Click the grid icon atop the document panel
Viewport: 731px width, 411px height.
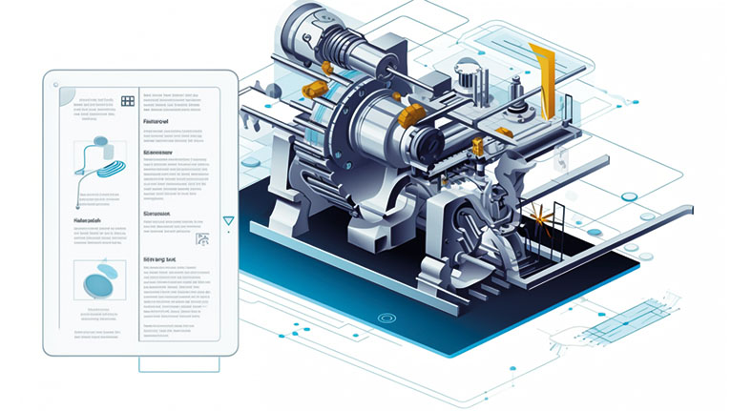click(128, 99)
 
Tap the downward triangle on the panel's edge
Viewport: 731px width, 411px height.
click(228, 220)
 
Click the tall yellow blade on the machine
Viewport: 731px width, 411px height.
click(544, 76)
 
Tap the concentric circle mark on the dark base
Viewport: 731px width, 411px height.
click(386, 317)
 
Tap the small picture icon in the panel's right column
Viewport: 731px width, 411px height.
click(202, 240)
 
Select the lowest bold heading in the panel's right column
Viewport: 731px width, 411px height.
click(159, 258)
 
